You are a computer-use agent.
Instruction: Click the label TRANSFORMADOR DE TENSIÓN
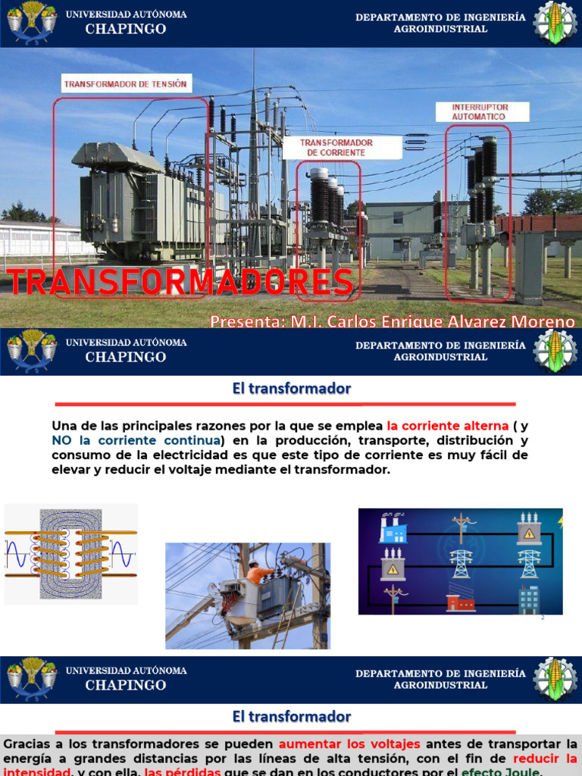(125, 84)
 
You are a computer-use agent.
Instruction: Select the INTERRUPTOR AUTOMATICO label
(480, 112)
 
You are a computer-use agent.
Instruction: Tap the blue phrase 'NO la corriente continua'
(136, 440)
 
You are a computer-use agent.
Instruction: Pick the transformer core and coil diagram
(70, 554)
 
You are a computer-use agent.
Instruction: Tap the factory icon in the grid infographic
(393, 527)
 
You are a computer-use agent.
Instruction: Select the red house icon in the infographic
(460, 602)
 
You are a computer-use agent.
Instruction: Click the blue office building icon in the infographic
(528, 599)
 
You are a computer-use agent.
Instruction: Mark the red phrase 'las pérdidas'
(183, 771)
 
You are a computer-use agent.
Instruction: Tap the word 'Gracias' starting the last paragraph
(27, 744)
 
